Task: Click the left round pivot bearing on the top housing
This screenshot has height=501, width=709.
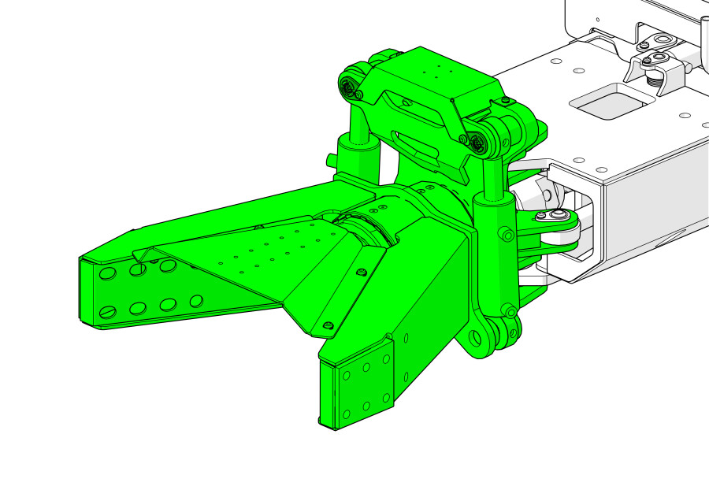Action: coord(349,86)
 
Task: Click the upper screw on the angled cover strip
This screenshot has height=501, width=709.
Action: coord(360,272)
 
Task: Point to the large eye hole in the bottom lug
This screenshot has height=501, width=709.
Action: coord(475,338)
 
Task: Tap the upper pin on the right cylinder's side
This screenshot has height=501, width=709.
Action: coord(507,234)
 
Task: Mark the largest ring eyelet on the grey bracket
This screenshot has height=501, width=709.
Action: coord(661,40)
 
